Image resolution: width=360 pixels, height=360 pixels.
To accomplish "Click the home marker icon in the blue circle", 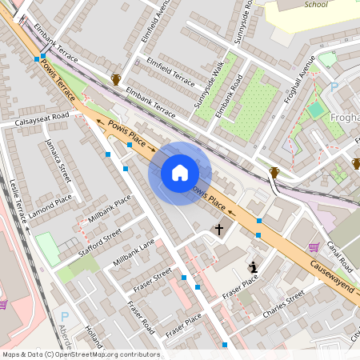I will click(179, 173).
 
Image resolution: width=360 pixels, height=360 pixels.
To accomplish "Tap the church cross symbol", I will click(219, 230).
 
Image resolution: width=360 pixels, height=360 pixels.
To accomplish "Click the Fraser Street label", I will click(151, 279).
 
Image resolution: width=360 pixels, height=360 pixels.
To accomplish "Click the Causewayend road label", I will click(326, 276).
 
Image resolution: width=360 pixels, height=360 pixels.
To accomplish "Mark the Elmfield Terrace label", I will click(168, 73).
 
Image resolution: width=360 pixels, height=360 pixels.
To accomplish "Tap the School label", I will click(316, 4).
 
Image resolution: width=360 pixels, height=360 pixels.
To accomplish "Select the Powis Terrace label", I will click(58, 78).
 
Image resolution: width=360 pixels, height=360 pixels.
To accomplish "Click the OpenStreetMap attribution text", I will click(81, 354).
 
